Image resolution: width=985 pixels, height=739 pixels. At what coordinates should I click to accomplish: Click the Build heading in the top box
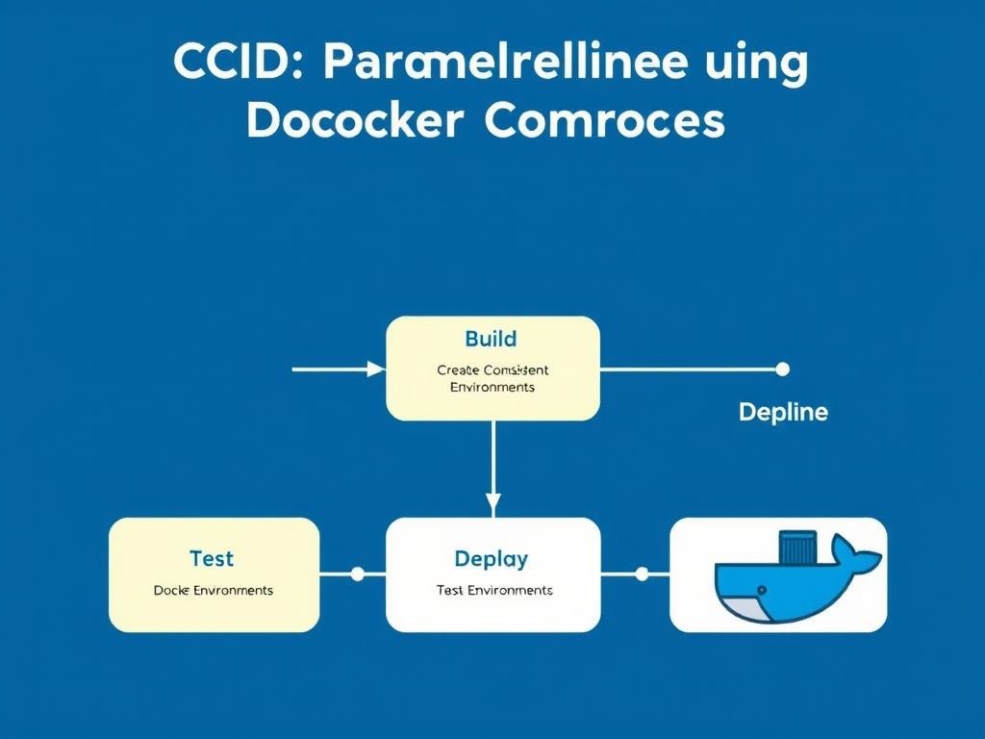[x=491, y=339]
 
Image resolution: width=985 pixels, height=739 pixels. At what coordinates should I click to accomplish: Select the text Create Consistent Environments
[x=492, y=378]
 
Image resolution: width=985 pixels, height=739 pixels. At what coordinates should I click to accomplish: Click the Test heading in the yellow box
[x=212, y=559]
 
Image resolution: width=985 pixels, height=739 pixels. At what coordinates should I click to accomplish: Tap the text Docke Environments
[x=214, y=590]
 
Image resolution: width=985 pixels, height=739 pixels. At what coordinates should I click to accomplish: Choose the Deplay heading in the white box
[x=491, y=559]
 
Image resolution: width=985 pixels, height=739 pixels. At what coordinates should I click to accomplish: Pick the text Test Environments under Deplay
[x=493, y=590]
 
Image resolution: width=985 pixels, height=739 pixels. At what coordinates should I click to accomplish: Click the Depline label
[x=783, y=413]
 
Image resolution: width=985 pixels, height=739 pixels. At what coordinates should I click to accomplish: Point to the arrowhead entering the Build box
[x=376, y=369]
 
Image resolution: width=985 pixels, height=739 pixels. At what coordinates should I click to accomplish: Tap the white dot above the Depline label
[x=782, y=369]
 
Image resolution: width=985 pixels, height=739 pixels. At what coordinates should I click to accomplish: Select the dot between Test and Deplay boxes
[x=357, y=574]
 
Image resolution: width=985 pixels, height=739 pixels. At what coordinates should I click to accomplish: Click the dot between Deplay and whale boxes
[x=642, y=574]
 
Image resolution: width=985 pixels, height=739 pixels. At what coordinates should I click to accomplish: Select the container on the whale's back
[x=797, y=548]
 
